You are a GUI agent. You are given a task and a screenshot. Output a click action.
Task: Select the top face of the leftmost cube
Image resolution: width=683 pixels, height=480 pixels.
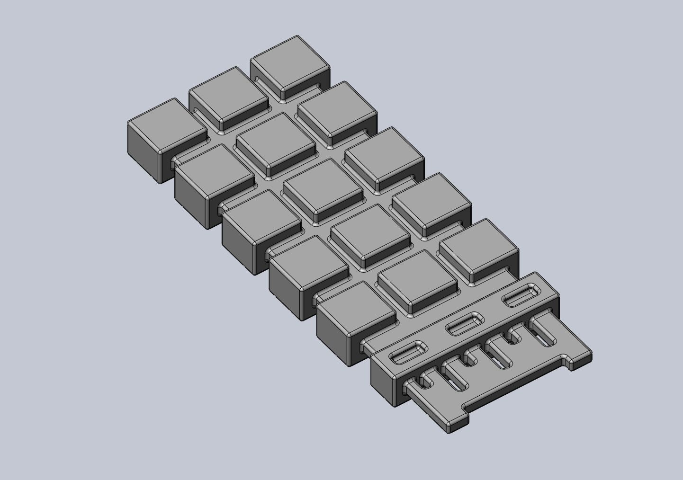[167, 124]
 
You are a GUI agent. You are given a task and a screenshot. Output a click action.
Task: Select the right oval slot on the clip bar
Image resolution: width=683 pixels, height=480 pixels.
[521, 296]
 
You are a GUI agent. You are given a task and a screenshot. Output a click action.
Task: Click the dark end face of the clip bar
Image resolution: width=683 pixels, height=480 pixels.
[383, 381]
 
